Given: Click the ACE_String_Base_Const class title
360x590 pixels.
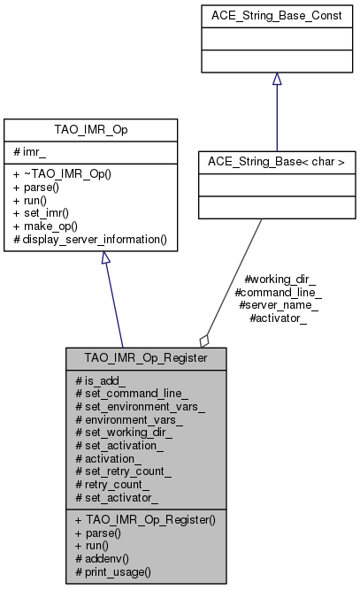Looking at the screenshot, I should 277,15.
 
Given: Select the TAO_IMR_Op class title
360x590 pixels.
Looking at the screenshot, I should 104,127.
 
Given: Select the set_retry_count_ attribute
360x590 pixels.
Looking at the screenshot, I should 129,472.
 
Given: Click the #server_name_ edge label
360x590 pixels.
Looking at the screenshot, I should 279,304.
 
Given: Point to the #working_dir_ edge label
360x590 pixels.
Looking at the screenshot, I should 279,278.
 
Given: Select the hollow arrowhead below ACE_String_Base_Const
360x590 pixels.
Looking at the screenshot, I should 277,80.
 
